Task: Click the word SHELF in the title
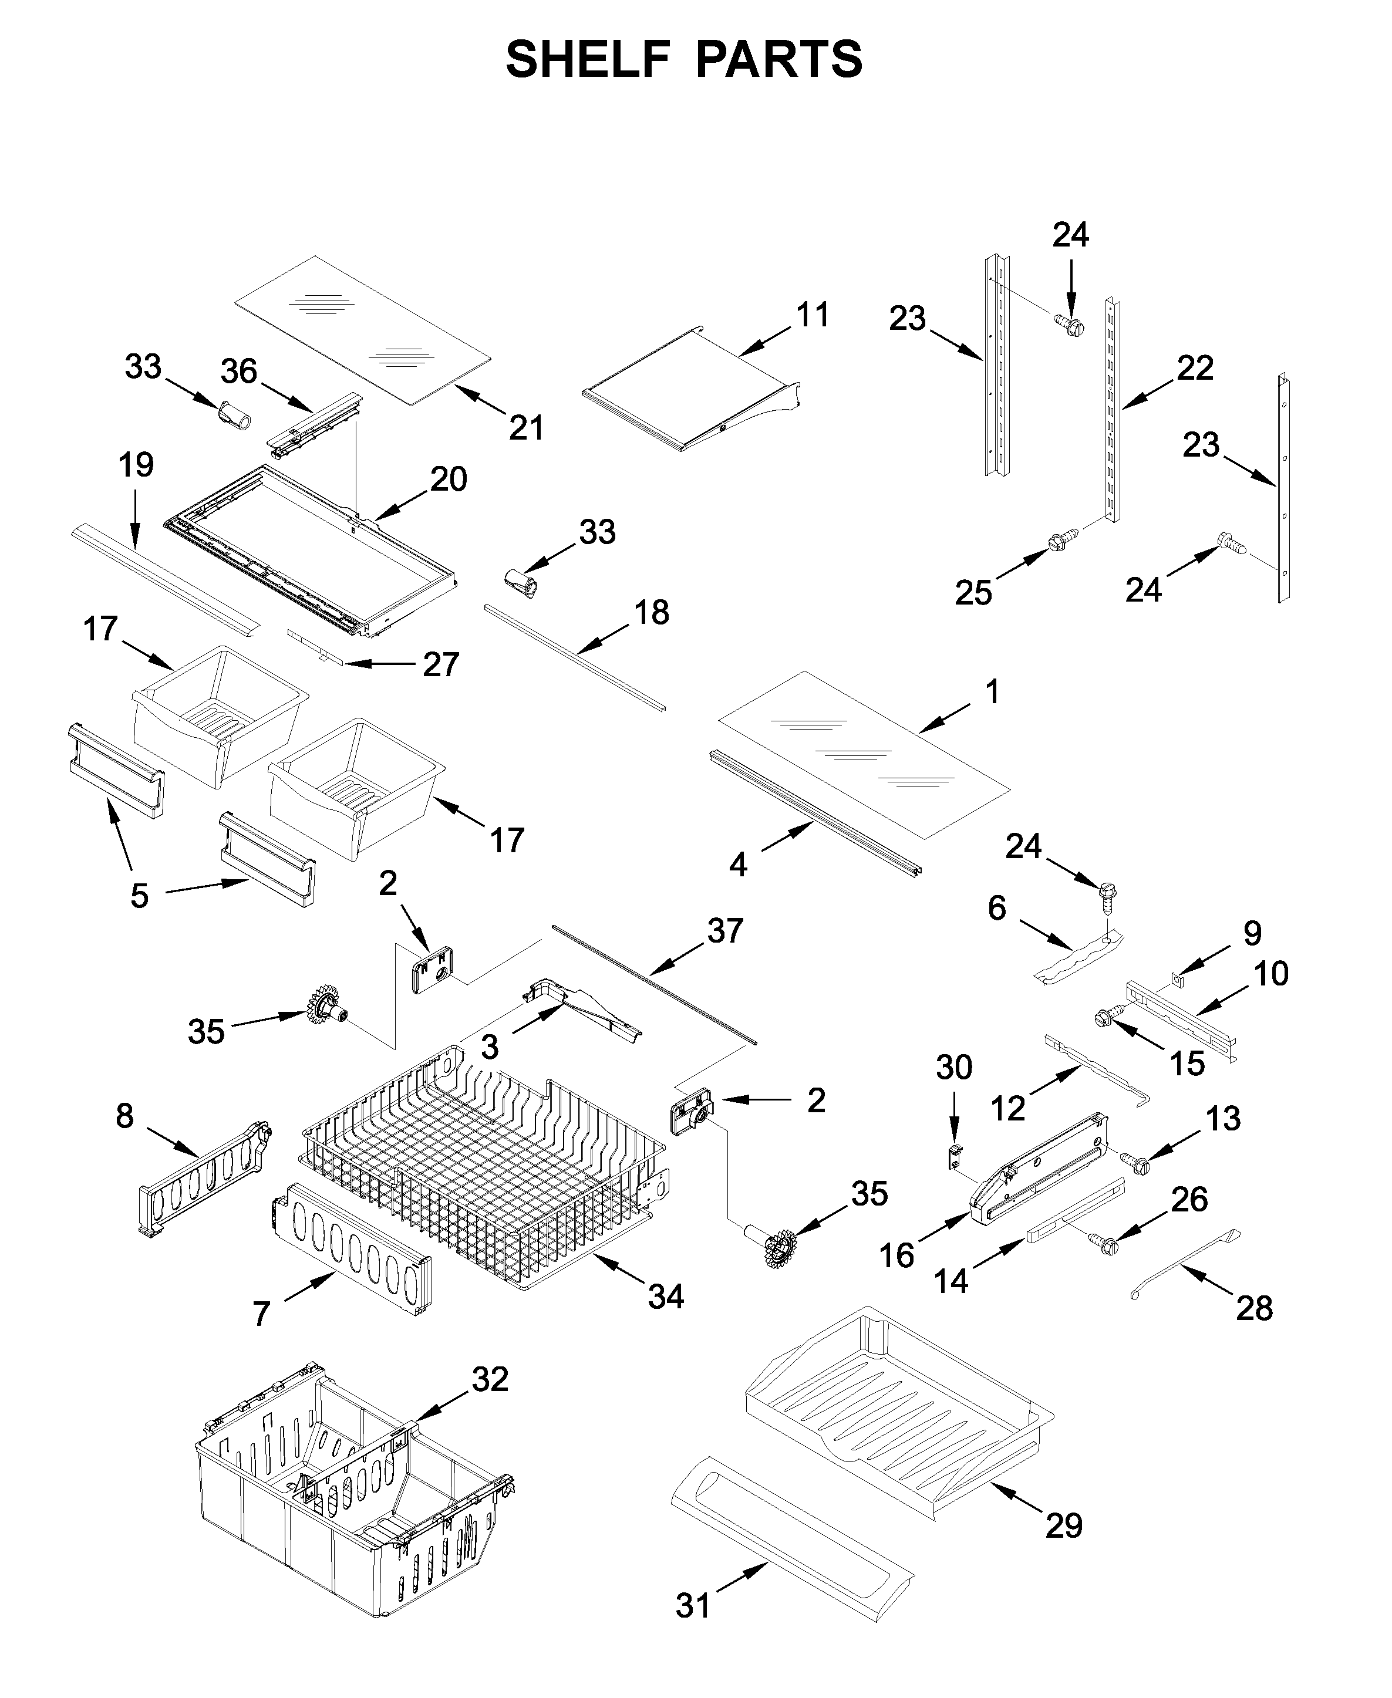tap(588, 59)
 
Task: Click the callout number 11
tap(813, 315)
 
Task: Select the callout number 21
tap(526, 428)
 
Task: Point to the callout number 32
tap(490, 1379)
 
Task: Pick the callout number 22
tap(1195, 368)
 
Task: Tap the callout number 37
tap(725, 931)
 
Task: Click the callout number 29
tap(1063, 1525)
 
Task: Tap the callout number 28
tap(1254, 1308)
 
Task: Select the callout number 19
tap(136, 465)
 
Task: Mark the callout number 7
tap(261, 1314)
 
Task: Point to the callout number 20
tap(448, 480)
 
